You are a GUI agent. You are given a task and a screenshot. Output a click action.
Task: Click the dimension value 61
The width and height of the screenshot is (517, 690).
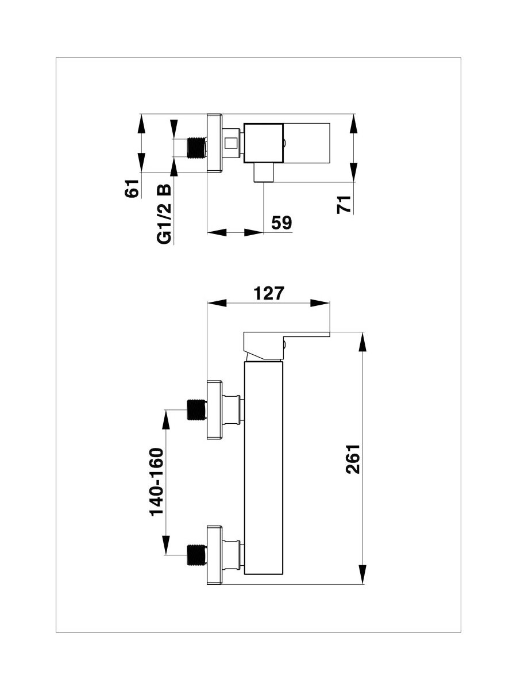point(132,188)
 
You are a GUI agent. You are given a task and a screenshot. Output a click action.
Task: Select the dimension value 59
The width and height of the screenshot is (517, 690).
point(281,223)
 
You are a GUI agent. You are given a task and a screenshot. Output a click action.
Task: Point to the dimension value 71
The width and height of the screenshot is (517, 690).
point(343,205)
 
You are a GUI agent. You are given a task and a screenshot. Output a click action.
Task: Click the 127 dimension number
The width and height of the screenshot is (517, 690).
point(269,293)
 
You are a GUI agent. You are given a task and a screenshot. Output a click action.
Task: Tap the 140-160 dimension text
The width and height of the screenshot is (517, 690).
point(157,486)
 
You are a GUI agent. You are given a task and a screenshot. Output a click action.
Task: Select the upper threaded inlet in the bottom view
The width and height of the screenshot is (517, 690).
point(197,409)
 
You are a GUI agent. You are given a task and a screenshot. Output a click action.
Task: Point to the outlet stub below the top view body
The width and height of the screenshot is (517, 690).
point(264,172)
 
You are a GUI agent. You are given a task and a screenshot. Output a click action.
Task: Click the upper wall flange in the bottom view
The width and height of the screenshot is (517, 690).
point(215,409)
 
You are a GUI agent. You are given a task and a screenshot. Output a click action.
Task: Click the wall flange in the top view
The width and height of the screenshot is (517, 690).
point(215,143)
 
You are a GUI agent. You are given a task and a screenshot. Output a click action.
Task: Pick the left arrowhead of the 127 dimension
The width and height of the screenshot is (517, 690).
point(217,302)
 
